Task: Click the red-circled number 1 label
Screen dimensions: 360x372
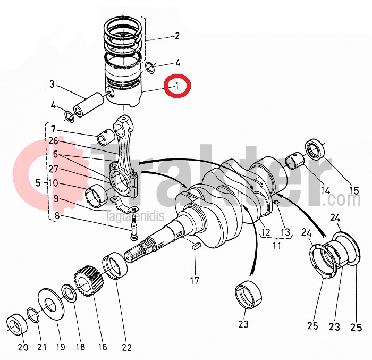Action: pos(178,85)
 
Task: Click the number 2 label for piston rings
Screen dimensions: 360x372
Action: pos(177,36)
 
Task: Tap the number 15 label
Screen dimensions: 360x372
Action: pos(353,190)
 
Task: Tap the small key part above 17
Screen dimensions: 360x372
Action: pos(195,246)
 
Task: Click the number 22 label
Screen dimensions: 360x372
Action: pos(126,348)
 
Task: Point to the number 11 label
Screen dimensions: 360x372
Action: pos(276,246)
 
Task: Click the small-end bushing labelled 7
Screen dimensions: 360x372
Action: pos(104,139)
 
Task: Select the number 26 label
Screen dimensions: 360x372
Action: pos(53,141)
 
